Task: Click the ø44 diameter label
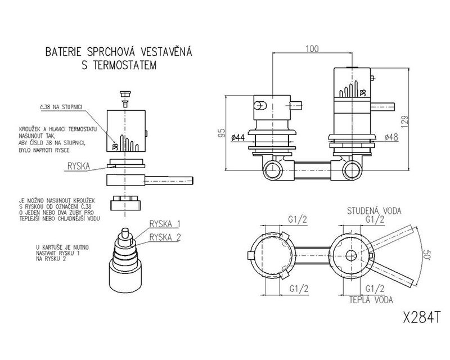tap(237, 137)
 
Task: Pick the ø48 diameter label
tap(392, 137)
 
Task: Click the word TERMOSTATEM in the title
tap(119, 66)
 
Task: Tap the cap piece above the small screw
tap(125, 93)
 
